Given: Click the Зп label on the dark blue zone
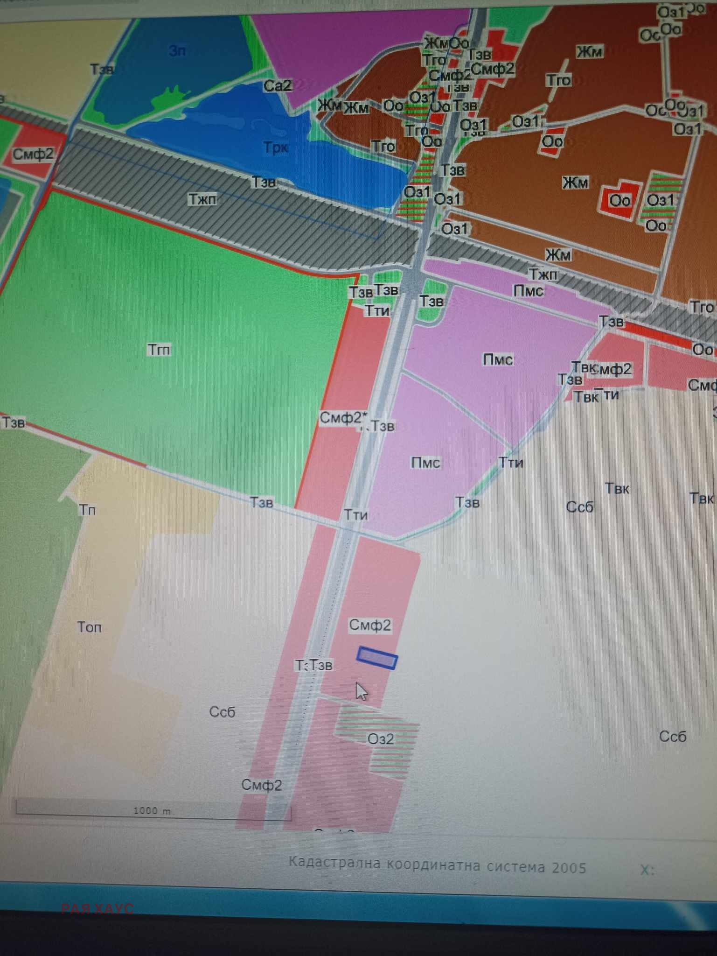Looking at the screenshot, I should (177, 50).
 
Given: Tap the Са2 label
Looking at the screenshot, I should (278, 86).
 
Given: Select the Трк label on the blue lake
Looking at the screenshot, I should (275, 148).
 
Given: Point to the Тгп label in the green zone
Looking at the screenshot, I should (159, 350).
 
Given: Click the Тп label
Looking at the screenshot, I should (87, 510).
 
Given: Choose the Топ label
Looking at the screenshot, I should (89, 627).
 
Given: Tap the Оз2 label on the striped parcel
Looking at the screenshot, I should (381, 739).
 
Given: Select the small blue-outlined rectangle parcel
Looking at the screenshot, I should (377, 658).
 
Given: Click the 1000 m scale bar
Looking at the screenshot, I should (153, 811).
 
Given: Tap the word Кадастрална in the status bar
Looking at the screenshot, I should (334, 863).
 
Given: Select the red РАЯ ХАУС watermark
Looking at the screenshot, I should (97, 908).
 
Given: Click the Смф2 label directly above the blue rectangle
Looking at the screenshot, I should (370, 625).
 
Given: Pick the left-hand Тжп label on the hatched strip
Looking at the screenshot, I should (202, 199).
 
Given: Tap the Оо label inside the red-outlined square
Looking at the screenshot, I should (620, 201).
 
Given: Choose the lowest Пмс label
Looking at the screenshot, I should (425, 463).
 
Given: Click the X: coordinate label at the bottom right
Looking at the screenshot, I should (647, 870).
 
